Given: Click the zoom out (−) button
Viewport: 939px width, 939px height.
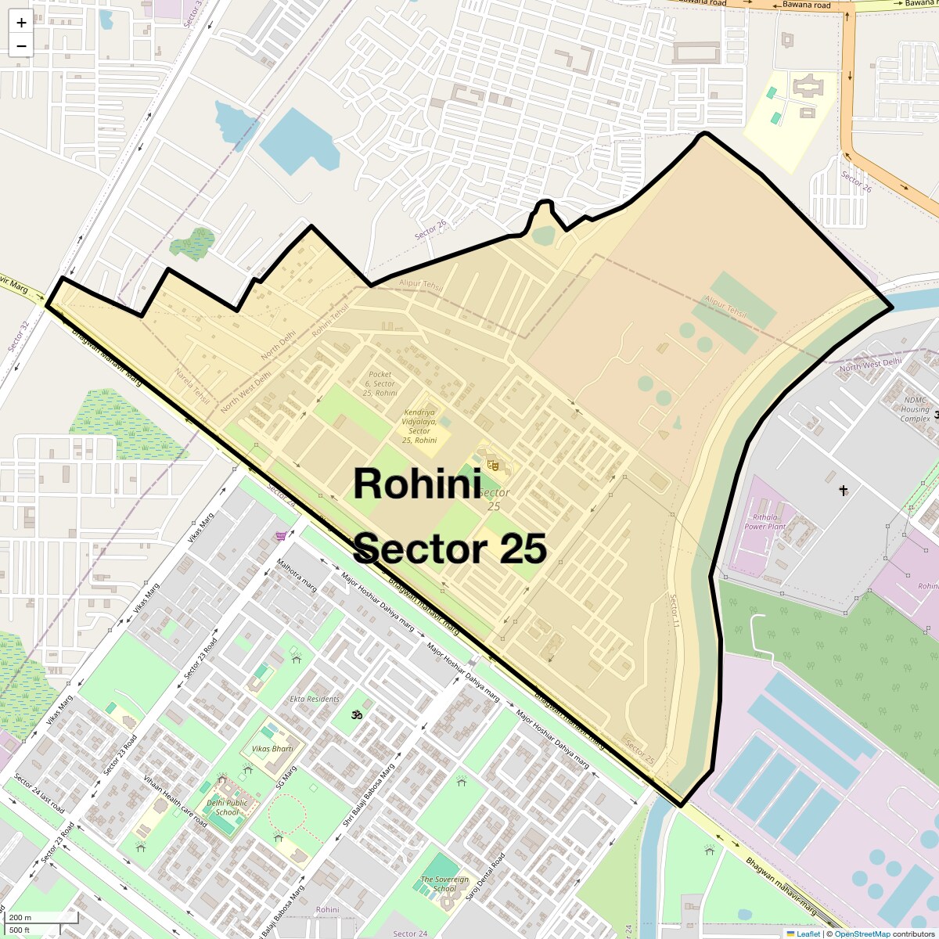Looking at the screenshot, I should click(21, 45).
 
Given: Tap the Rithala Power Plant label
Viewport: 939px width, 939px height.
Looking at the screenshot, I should click(765, 522).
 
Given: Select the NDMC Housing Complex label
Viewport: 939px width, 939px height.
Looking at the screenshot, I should click(915, 409).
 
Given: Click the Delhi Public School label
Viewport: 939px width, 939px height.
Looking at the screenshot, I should click(227, 807).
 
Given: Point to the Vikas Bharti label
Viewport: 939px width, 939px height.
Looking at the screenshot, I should click(272, 749).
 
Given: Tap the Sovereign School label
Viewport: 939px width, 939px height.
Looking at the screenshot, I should click(444, 883).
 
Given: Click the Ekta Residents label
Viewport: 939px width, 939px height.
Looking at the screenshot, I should click(315, 699).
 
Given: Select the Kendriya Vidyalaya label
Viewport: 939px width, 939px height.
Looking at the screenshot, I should click(419, 426).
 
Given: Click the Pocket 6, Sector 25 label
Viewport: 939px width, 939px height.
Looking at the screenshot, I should click(380, 383).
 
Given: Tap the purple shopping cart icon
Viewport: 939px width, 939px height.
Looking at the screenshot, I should click(281, 536).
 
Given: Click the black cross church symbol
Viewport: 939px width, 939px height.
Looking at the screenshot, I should click(844, 491).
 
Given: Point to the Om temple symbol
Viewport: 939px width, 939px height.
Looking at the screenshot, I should click(358, 714).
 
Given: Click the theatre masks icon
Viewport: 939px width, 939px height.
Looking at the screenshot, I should click(493, 465).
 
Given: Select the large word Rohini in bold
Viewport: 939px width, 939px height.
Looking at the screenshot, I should click(417, 484).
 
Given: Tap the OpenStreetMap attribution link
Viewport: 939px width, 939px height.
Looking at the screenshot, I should click(862, 934).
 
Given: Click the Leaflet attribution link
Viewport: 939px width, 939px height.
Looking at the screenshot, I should click(808, 934).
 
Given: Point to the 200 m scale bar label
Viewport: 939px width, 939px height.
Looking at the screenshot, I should click(20, 918).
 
